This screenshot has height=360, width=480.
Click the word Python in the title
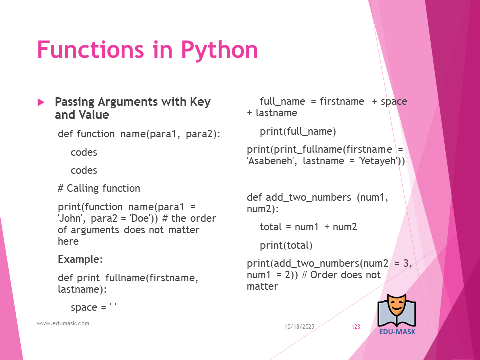(x=220, y=50)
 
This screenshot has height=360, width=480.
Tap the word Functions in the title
(x=90, y=49)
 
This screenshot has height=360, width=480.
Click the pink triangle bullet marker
(x=41, y=102)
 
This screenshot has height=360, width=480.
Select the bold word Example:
(x=80, y=259)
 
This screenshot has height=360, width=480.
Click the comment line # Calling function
(x=99, y=188)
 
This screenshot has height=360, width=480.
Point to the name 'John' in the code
(x=70, y=218)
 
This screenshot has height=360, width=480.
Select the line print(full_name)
(x=298, y=131)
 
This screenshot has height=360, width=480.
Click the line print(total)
(x=286, y=245)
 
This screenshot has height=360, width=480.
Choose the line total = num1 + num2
(x=308, y=227)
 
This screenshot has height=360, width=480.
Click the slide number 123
(x=356, y=327)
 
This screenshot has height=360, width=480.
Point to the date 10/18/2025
(x=299, y=327)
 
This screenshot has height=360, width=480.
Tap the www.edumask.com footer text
(x=63, y=323)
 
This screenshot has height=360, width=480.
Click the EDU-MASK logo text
(x=397, y=332)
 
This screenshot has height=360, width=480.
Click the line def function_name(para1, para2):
(x=139, y=134)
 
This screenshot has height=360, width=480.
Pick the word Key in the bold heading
(x=200, y=102)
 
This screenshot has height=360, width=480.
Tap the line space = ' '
(x=94, y=307)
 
